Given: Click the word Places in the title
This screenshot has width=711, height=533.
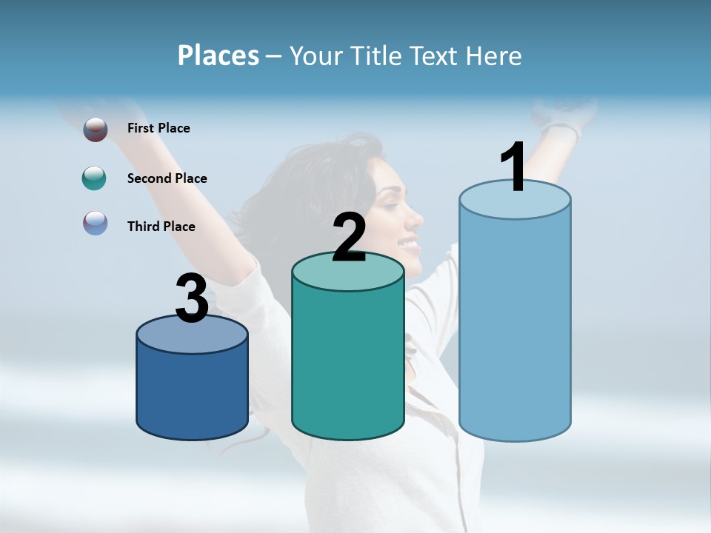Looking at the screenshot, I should coord(218,56).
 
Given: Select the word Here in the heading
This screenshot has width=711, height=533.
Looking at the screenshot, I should coord(494,56).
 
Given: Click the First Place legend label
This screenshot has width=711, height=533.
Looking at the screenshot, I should coord(158,128).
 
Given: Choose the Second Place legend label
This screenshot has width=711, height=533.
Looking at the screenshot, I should coord(167,178).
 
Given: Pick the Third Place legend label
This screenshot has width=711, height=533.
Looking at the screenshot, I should coord(161,227).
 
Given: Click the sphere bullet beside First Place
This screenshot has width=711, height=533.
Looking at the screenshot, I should coord(95,130).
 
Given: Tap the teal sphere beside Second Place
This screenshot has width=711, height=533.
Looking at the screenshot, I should coord(94,178).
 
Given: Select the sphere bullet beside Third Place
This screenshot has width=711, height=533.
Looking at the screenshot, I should coord(95,224).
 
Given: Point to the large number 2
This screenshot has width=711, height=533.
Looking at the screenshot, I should coord(349,238).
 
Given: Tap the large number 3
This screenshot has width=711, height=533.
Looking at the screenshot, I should coord(192,299).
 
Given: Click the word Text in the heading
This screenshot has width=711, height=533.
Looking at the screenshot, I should coord(437,56).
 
